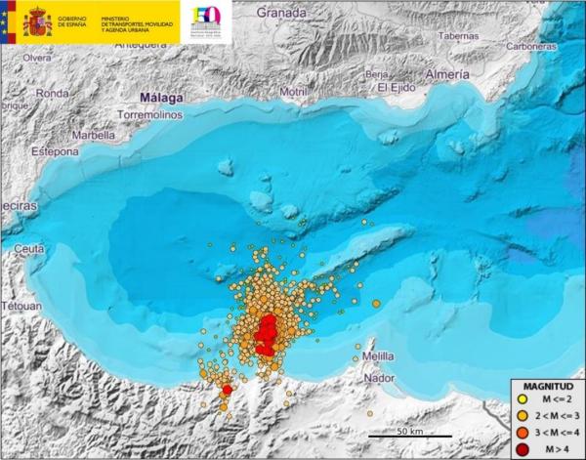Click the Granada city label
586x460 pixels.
[x=283, y=13]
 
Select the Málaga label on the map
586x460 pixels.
[x=163, y=99]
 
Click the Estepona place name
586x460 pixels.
[x=51, y=152]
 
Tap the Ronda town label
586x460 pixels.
[x=52, y=94]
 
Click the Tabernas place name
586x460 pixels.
[x=458, y=35]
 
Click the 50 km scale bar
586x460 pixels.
[x=410, y=432]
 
